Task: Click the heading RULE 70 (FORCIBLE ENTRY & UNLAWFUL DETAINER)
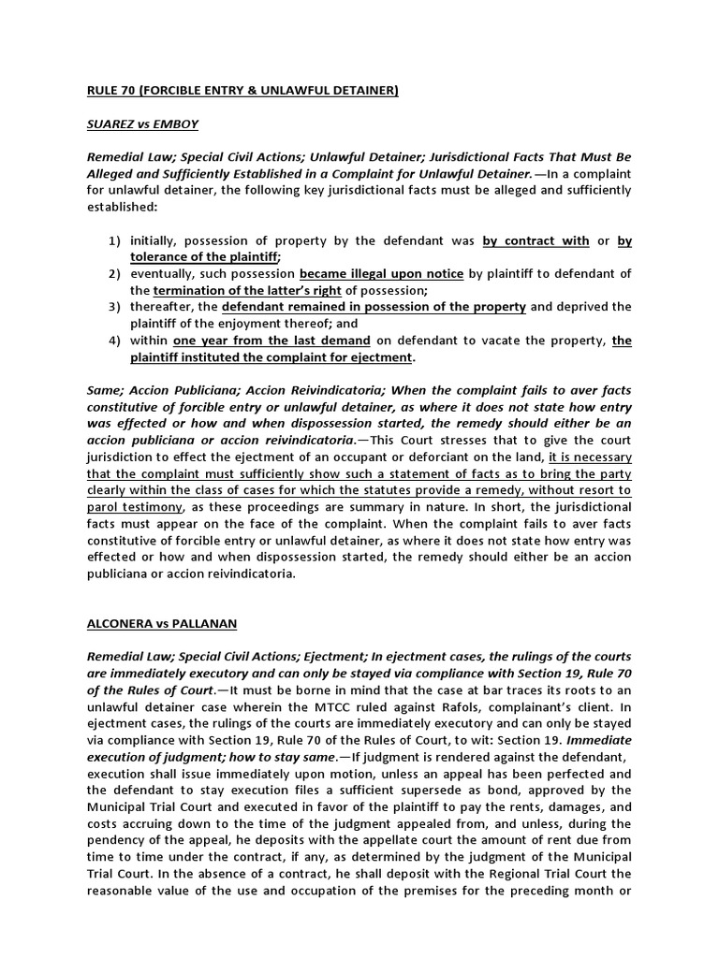point(242,90)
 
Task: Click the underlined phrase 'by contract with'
point(536,240)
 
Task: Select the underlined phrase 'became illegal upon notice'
point(381,273)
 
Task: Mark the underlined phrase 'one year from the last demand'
point(271,341)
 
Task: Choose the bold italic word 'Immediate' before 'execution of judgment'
point(600,739)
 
